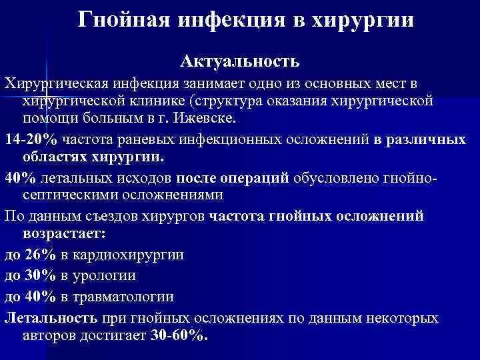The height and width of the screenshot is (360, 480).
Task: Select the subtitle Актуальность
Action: (239, 61)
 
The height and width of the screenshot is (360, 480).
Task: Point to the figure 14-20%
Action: (31, 140)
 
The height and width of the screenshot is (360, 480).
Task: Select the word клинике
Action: (156, 100)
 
